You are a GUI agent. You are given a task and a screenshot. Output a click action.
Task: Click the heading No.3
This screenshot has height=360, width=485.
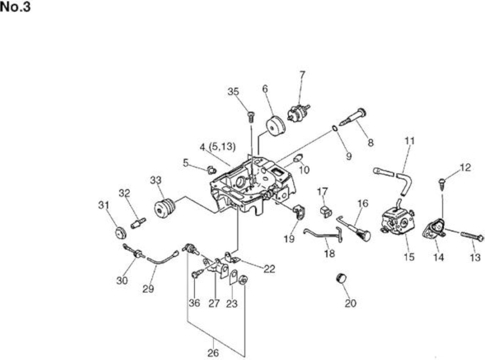click(x=15, y=7)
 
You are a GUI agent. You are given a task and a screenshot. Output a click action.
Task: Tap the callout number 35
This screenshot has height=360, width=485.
click(x=233, y=92)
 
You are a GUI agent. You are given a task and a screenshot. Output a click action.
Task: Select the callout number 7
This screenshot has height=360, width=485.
click(x=302, y=75)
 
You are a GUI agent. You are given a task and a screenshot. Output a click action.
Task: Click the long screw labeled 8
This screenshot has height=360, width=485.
click(x=352, y=117)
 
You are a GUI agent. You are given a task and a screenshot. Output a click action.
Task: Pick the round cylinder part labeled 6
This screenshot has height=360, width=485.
click(x=276, y=126)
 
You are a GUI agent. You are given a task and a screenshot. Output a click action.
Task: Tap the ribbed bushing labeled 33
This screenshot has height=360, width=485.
click(x=165, y=208)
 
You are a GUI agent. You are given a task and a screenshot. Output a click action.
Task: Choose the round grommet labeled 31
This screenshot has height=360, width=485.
click(x=121, y=233)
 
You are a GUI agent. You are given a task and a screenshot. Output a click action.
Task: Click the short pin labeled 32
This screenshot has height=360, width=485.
click(x=138, y=223)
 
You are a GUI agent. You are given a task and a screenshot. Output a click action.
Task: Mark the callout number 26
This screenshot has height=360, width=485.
click(x=213, y=353)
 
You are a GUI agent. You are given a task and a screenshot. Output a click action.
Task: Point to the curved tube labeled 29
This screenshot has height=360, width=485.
click(x=162, y=259)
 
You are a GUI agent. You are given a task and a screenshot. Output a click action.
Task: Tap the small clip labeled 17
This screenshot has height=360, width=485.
click(x=326, y=212)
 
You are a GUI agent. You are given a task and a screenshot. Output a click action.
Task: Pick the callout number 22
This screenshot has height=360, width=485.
click(x=269, y=269)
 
